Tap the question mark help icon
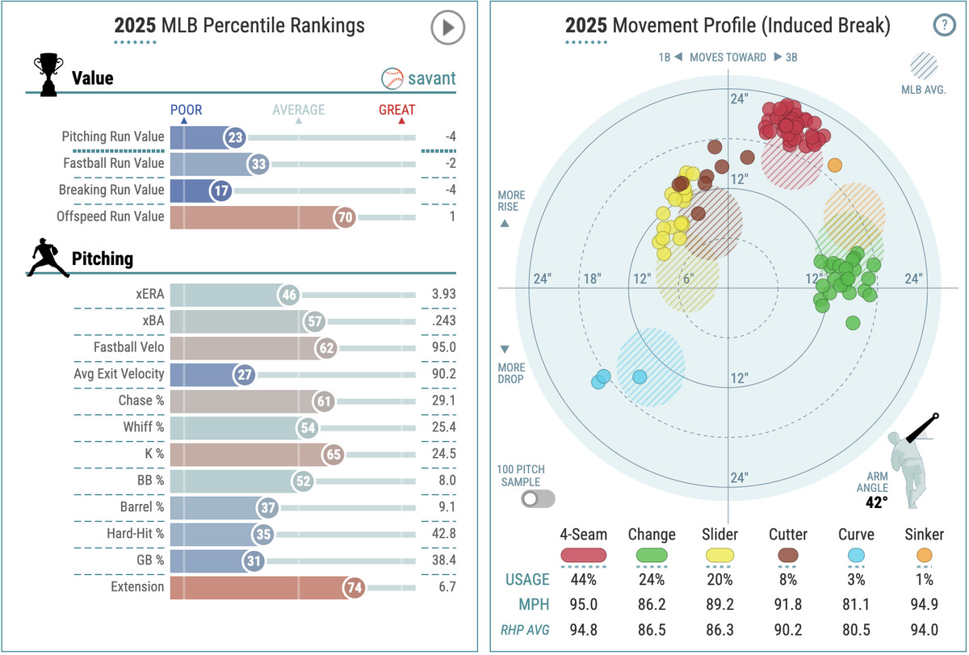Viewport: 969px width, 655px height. tap(943, 25)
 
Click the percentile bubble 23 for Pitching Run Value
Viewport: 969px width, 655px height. tap(235, 138)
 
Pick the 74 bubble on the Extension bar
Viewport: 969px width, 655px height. tap(354, 587)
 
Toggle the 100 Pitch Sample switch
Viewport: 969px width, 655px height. tap(538, 498)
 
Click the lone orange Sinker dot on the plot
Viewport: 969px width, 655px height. tap(835, 165)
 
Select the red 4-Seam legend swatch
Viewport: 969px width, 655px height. tap(582, 555)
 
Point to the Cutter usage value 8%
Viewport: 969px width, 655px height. tap(787, 579)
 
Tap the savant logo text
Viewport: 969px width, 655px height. tap(431, 78)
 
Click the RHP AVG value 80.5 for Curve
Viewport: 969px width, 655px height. tap(855, 628)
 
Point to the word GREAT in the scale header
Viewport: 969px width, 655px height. tap(397, 110)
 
